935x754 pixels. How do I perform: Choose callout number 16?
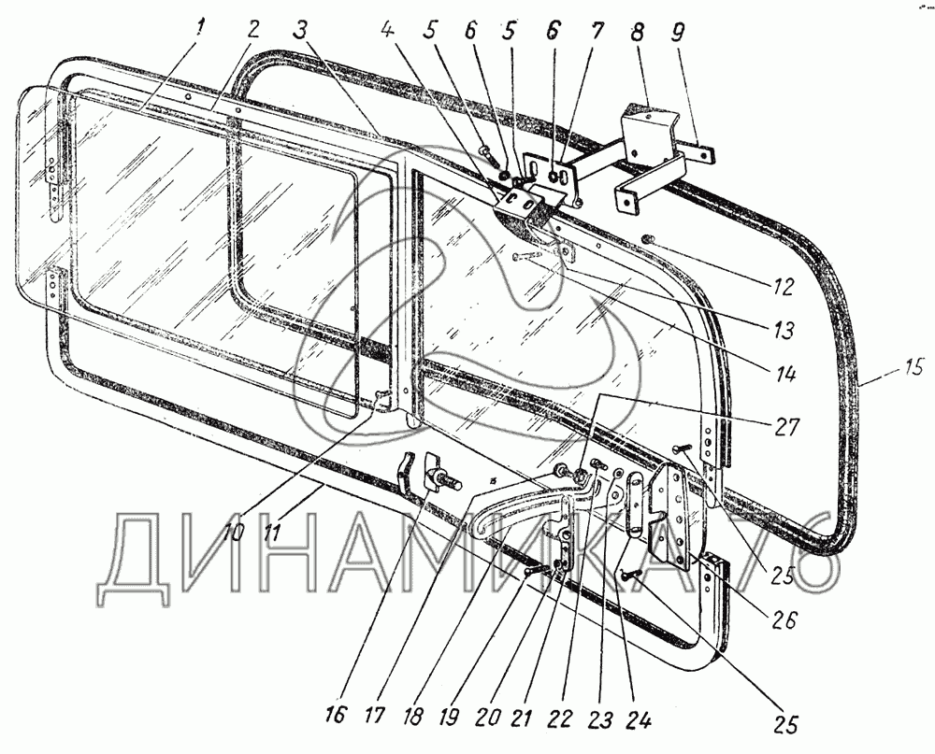point(336,716)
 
